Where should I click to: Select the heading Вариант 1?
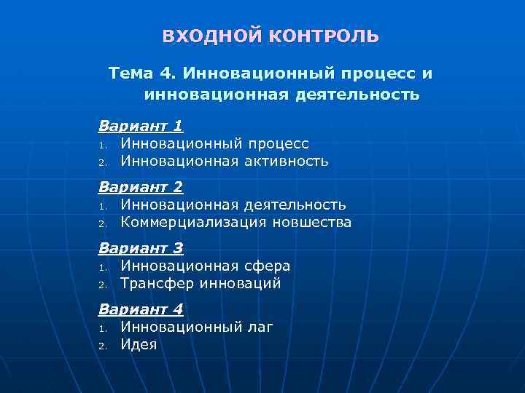(x=141, y=125)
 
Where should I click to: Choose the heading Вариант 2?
(x=141, y=186)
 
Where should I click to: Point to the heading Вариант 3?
(x=141, y=247)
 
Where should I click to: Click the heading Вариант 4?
(x=141, y=309)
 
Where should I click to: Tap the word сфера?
(x=266, y=266)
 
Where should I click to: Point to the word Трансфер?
(x=157, y=283)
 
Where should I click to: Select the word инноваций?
(x=240, y=283)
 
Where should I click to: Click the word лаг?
(x=260, y=327)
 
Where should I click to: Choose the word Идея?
(x=139, y=344)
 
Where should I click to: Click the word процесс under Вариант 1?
(x=278, y=144)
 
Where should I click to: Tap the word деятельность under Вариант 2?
(x=295, y=205)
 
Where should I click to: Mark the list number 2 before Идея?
(x=104, y=346)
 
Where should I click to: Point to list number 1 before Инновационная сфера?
(x=104, y=267)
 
